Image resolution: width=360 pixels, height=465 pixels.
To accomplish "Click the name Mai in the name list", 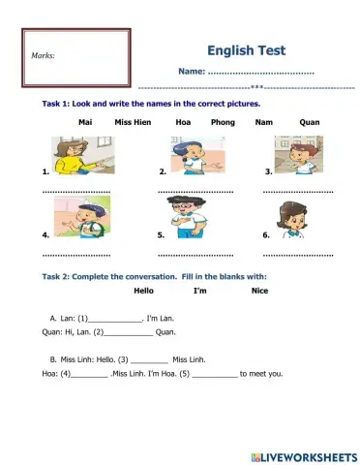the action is pyautogui.click(x=84, y=123).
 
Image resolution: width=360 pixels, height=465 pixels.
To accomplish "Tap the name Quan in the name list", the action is pyautogui.click(x=310, y=123).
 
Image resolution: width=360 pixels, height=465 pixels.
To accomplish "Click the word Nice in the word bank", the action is pyautogui.click(x=259, y=290).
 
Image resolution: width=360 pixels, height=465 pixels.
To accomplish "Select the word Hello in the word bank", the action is pyautogui.click(x=143, y=290).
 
